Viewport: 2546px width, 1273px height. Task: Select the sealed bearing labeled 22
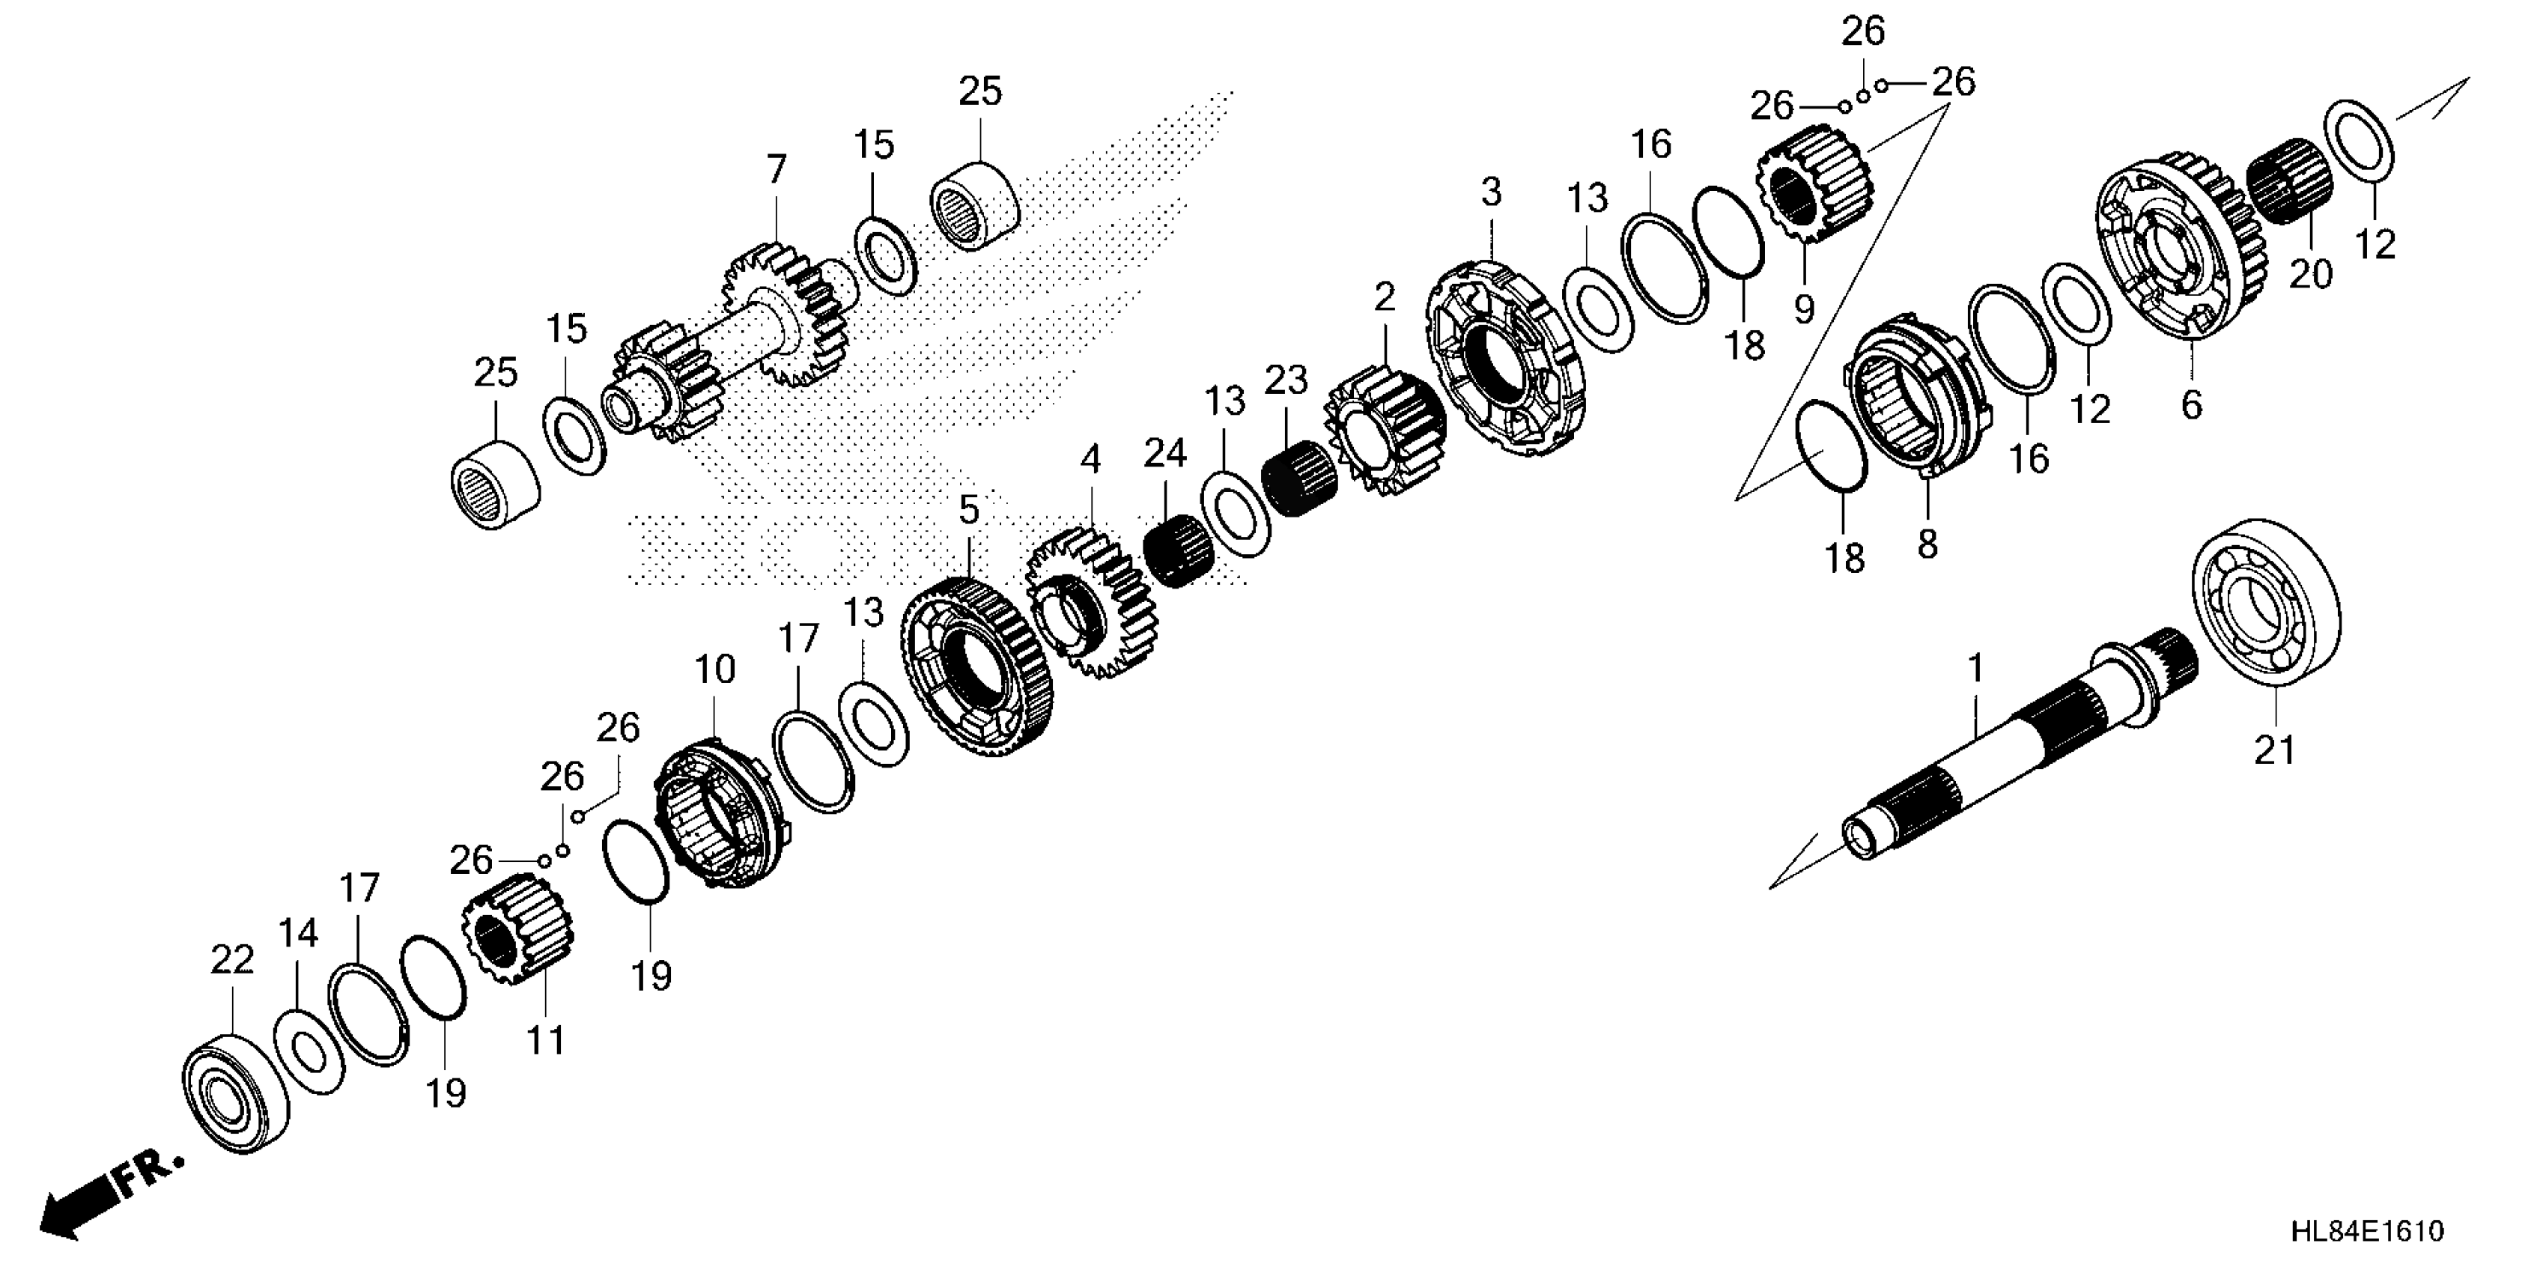pos(235,1091)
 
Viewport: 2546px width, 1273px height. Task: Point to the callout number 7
pos(777,169)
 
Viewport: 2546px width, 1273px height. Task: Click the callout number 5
pos(968,510)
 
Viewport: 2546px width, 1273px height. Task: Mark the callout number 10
pos(714,670)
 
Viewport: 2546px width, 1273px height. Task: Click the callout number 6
pos(2192,404)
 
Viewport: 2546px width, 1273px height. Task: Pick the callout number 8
pos(1927,544)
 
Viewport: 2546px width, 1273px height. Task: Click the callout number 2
pos(1385,297)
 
